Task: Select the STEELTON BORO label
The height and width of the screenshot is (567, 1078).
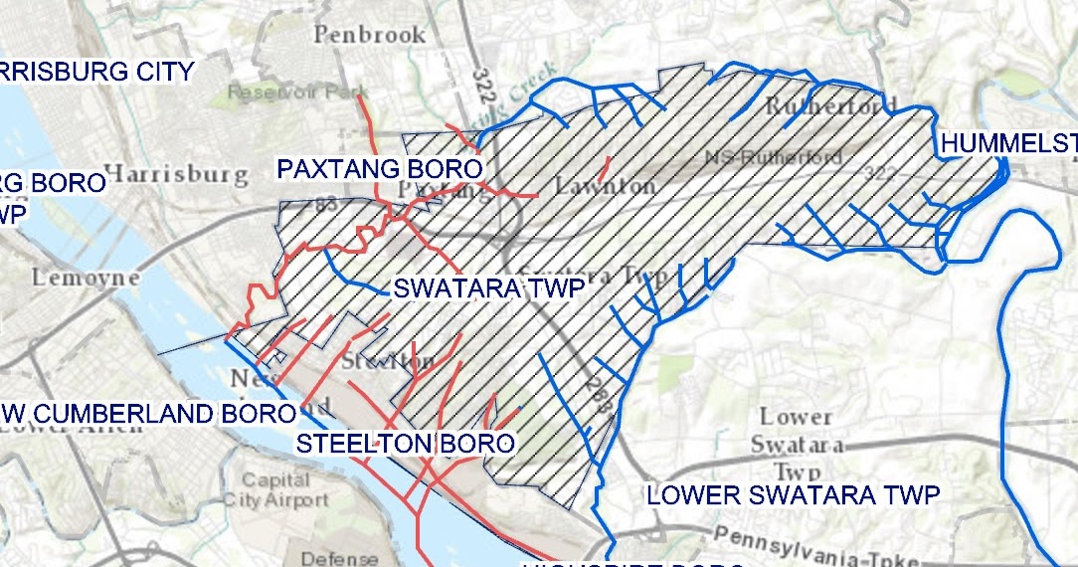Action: [406, 444]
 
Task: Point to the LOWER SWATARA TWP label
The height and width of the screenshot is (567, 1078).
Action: [793, 495]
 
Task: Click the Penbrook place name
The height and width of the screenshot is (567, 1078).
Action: [370, 35]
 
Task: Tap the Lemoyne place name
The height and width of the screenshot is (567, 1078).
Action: [86, 279]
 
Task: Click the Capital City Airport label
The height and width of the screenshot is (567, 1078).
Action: [275, 490]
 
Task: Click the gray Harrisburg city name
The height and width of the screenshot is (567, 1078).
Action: [175, 175]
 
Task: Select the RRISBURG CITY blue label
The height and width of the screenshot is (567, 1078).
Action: [96, 72]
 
